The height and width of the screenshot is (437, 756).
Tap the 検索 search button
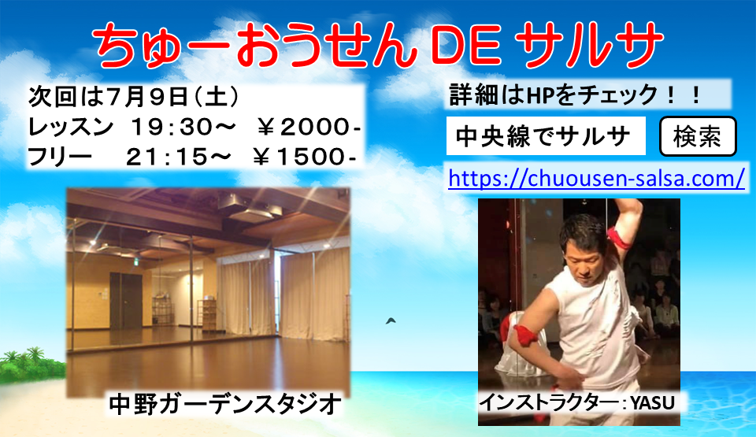click(x=697, y=136)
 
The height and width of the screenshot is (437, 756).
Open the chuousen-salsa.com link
click(x=596, y=178)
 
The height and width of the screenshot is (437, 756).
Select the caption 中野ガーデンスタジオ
click(x=224, y=404)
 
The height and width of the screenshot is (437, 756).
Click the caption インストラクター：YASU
click(x=578, y=403)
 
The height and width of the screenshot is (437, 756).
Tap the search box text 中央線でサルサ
click(x=543, y=137)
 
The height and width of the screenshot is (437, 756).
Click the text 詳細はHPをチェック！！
click(x=575, y=94)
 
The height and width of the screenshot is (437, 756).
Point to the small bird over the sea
click(x=391, y=320)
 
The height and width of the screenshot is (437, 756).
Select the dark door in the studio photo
click(x=121, y=295)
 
